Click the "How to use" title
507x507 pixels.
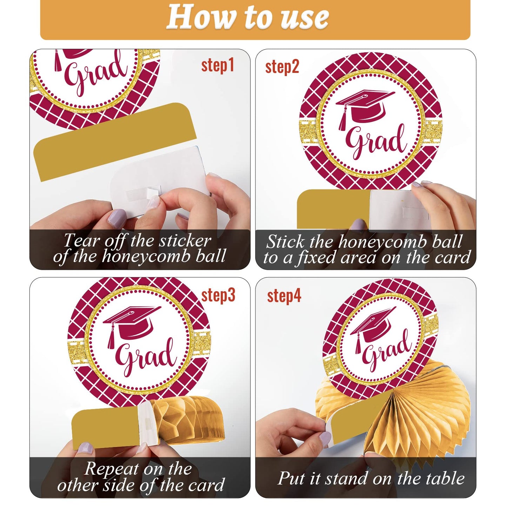(x=247, y=18)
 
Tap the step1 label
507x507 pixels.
(x=218, y=66)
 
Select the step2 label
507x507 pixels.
(x=282, y=67)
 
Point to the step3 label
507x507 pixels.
(x=218, y=295)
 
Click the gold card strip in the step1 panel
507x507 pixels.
(x=112, y=140)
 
